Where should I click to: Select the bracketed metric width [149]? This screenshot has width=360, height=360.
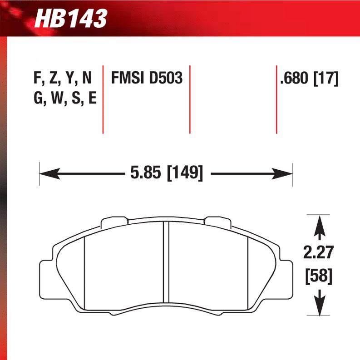coord(185,173)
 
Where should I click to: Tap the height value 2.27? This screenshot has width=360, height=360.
coord(321,252)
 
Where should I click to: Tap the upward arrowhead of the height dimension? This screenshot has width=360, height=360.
coord(321,225)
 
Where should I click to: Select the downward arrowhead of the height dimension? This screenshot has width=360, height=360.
coord(321,306)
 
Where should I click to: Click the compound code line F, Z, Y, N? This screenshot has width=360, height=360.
coord(63,79)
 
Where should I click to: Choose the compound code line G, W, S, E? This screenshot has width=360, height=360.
coord(64,99)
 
